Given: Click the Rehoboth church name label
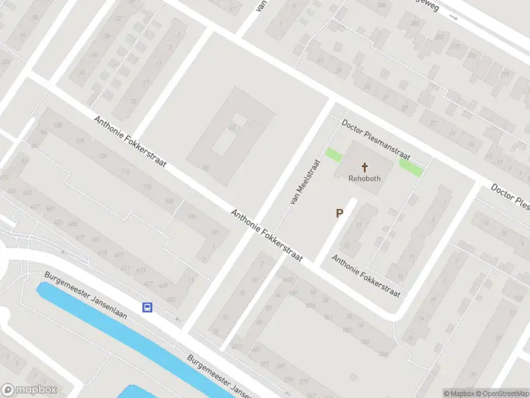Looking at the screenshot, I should pos(364,178).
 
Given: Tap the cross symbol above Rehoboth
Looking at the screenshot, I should pos(364,166).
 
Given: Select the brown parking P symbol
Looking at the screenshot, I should pos(340,214).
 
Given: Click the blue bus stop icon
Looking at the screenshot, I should pos(147,307).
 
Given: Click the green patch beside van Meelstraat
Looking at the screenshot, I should pos(334,155).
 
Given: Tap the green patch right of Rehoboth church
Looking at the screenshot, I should pos(411,167).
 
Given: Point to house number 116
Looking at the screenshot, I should pos(125,171).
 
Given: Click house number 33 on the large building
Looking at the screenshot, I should pos(205,168).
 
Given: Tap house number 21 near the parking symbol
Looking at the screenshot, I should pos(358,224).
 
